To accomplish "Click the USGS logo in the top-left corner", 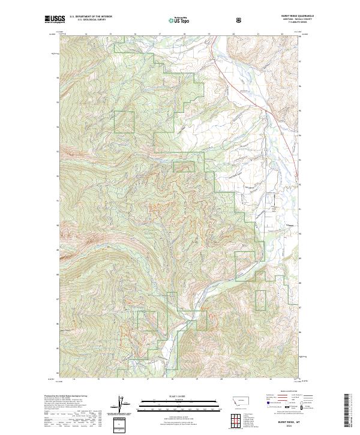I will (54, 20).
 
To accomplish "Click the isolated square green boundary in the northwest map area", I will (124, 122).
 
